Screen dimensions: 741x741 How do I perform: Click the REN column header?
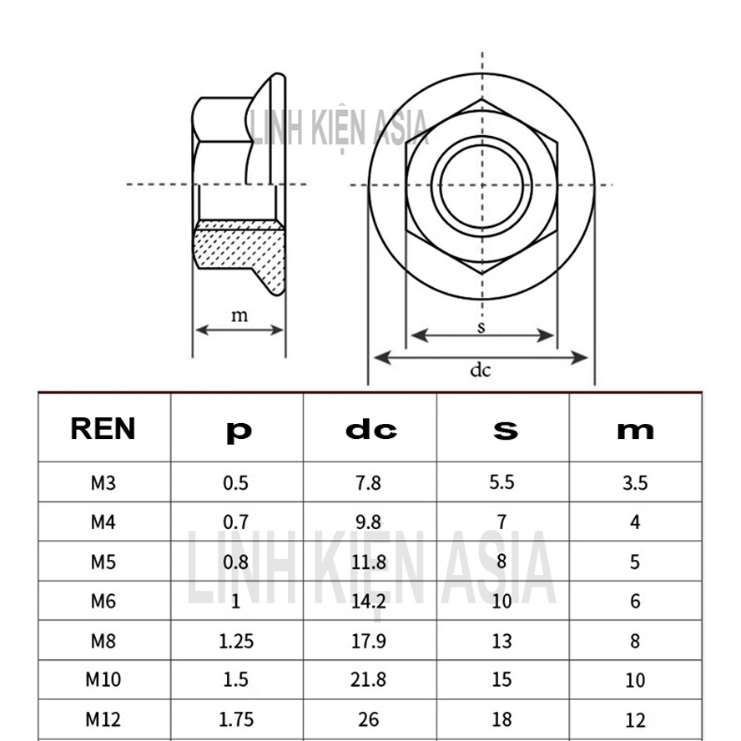coord(103,429)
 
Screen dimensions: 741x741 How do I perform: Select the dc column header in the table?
coord(370,430)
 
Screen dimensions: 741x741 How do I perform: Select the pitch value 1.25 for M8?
coord(236,641)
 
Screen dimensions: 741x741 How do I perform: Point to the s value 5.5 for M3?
coord(502,482)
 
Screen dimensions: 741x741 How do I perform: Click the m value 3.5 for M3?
coord(635,483)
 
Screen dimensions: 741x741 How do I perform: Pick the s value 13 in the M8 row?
coord(502,641)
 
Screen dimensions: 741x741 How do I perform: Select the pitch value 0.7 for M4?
coord(236,522)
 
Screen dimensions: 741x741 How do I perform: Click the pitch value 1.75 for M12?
coord(236,718)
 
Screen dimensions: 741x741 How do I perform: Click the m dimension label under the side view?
coord(239,315)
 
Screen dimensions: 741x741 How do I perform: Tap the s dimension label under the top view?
coord(481,326)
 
